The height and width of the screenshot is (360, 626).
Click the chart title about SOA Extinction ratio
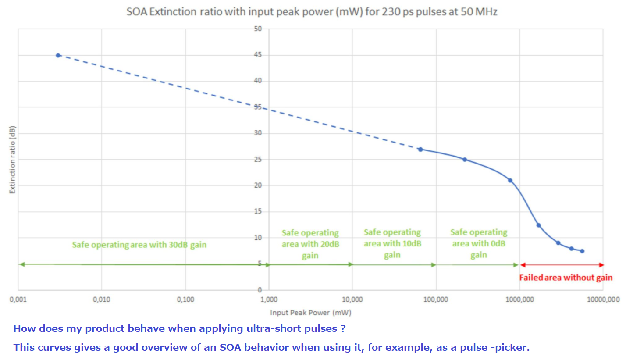tap(312, 12)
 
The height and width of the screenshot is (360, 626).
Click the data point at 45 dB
tap(58, 55)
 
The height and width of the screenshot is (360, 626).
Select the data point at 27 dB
tap(420, 149)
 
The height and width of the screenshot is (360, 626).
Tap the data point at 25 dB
tap(465, 160)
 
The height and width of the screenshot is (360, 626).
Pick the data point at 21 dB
tap(510, 180)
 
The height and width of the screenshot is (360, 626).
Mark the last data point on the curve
tap(582, 251)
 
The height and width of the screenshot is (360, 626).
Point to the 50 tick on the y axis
tap(258, 29)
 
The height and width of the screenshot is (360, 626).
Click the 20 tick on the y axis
tap(258, 185)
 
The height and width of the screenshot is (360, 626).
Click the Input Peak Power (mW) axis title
tap(310, 313)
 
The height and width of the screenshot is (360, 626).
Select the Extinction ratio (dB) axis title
tap(12, 159)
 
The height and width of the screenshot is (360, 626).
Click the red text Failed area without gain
tap(566, 278)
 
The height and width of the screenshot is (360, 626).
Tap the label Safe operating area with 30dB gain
tap(139, 245)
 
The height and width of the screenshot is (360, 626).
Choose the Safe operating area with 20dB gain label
tap(310, 244)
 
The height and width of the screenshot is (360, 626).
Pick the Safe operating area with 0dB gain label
tap(479, 243)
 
